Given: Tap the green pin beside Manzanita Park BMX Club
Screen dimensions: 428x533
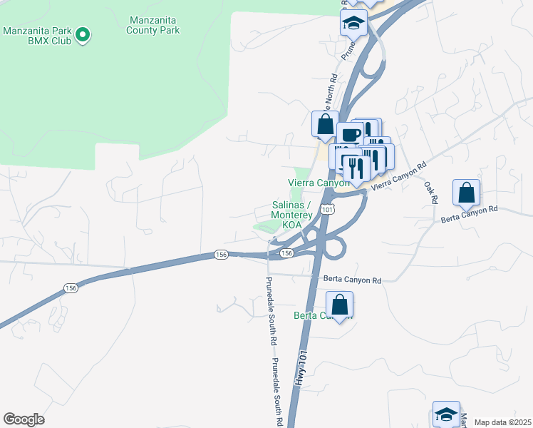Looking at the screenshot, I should (x=83, y=34).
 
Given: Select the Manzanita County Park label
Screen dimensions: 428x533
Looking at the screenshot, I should (x=153, y=25).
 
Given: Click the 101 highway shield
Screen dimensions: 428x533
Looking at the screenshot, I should (x=326, y=209).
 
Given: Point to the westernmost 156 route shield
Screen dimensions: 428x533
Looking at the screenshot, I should (x=71, y=288).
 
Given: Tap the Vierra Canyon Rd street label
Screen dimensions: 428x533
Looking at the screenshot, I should (x=399, y=175).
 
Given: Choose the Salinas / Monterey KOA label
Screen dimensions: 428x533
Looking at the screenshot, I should (x=292, y=214).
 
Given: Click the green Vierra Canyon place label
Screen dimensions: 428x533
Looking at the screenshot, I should (x=319, y=183).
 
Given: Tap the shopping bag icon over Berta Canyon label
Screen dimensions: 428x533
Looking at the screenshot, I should (x=341, y=305).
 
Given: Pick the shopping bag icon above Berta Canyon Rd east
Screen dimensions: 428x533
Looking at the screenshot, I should (x=466, y=192).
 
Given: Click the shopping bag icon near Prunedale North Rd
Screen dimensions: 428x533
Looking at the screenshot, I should (x=325, y=123).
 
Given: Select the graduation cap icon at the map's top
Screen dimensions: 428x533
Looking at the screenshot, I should (x=353, y=23).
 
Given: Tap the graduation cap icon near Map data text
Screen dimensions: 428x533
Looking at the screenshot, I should (x=446, y=414).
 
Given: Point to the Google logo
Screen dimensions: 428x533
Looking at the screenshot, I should (x=24, y=419).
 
